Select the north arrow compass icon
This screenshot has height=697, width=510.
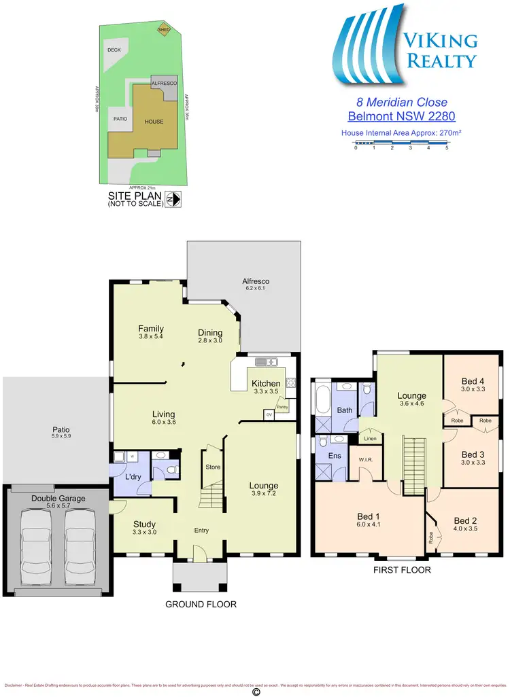[x=175, y=199]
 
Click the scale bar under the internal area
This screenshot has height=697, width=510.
[x=401, y=143]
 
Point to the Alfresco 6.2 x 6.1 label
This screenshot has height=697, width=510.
[x=256, y=285]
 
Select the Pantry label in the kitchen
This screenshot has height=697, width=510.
[x=282, y=407]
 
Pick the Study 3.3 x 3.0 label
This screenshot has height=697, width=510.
[x=144, y=528]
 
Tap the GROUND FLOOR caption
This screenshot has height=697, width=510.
[x=202, y=604]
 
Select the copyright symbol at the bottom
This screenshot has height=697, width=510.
[x=256, y=691]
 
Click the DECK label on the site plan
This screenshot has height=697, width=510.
[x=114, y=50]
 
